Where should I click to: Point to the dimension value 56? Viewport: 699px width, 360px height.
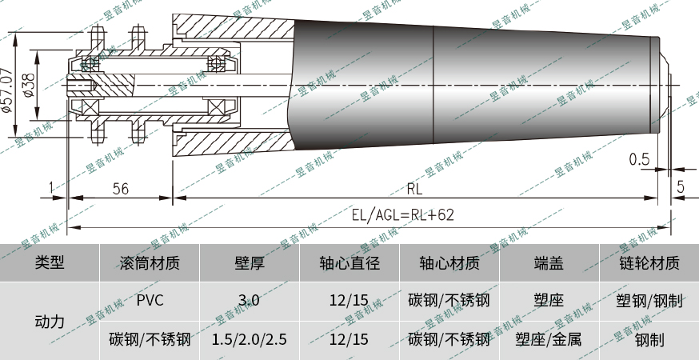tap(121, 189)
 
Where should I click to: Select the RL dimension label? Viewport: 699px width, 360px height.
tap(414, 190)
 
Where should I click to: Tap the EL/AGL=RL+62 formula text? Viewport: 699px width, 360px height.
tap(403, 214)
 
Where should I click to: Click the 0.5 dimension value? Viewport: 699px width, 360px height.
tap(639, 159)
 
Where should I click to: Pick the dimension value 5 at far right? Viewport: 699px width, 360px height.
tap(681, 187)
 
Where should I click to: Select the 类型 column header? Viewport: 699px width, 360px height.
tap(50, 262)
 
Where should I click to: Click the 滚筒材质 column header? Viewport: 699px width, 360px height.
tap(150, 262)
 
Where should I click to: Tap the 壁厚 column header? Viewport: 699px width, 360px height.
tap(250, 262)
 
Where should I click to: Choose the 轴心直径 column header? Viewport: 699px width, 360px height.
tap(349, 262)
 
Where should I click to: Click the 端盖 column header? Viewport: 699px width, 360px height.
tap(549, 262)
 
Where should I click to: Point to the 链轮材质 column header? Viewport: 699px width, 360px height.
tap(649, 262)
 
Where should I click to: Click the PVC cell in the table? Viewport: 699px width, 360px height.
tap(150, 301)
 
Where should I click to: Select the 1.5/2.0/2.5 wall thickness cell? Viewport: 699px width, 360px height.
tap(250, 339)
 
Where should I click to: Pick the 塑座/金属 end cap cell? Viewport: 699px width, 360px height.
tap(549, 339)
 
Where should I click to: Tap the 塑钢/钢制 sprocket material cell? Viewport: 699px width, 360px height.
tap(649, 301)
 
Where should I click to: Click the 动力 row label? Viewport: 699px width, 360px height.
tap(50, 320)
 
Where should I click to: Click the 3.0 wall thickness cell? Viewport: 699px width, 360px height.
tap(250, 301)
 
